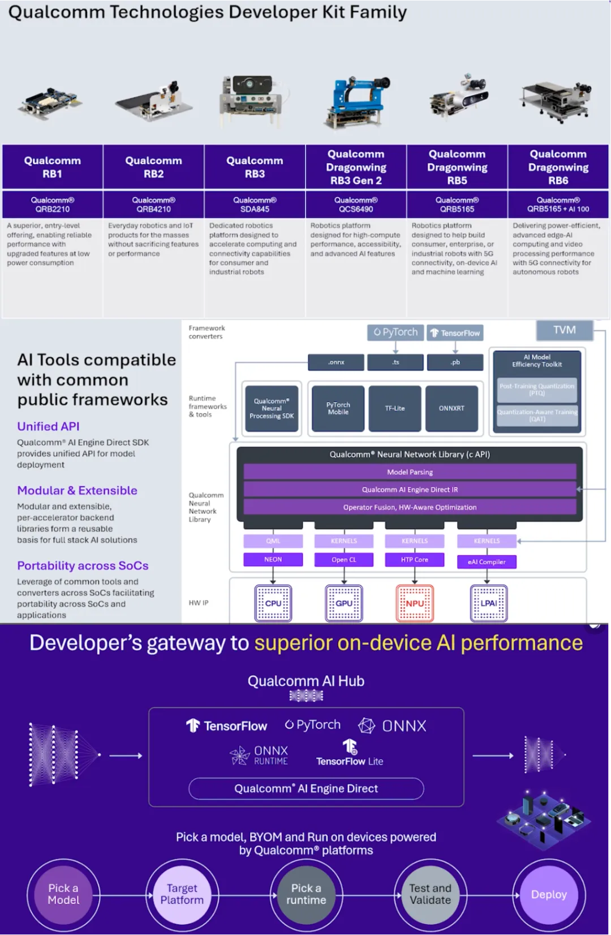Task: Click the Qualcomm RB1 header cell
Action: pyautogui.click(x=53, y=167)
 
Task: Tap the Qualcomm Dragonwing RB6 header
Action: pyautogui.click(x=558, y=167)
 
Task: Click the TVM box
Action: pyautogui.click(x=565, y=330)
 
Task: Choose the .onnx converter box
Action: pyautogui.click(x=336, y=362)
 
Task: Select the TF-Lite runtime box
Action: pyautogui.click(x=395, y=408)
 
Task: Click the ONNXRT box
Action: pyautogui.click(x=451, y=408)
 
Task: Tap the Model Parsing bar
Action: pyautogui.click(x=410, y=472)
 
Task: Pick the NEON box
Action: pyautogui.click(x=273, y=560)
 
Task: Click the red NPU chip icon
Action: pyautogui.click(x=415, y=603)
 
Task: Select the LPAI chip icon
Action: pyautogui.click(x=489, y=603)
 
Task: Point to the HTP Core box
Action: pyautogui.click(x=415, y=560)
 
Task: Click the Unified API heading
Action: pyautogui.click(x=48, y=427)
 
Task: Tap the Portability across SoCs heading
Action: pyautogui.click(x=83, y=566)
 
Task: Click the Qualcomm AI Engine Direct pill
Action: pyautogui.click(x=306, y=788)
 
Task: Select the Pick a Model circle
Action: pyautogui.click(x=63, y=894)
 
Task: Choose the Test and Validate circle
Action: pyautogui.click(x=431, y=894)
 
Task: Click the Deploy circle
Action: pyautogui.click(x=549, y=894)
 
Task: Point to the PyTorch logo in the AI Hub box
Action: pyautogui.click(x=313, y=725)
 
